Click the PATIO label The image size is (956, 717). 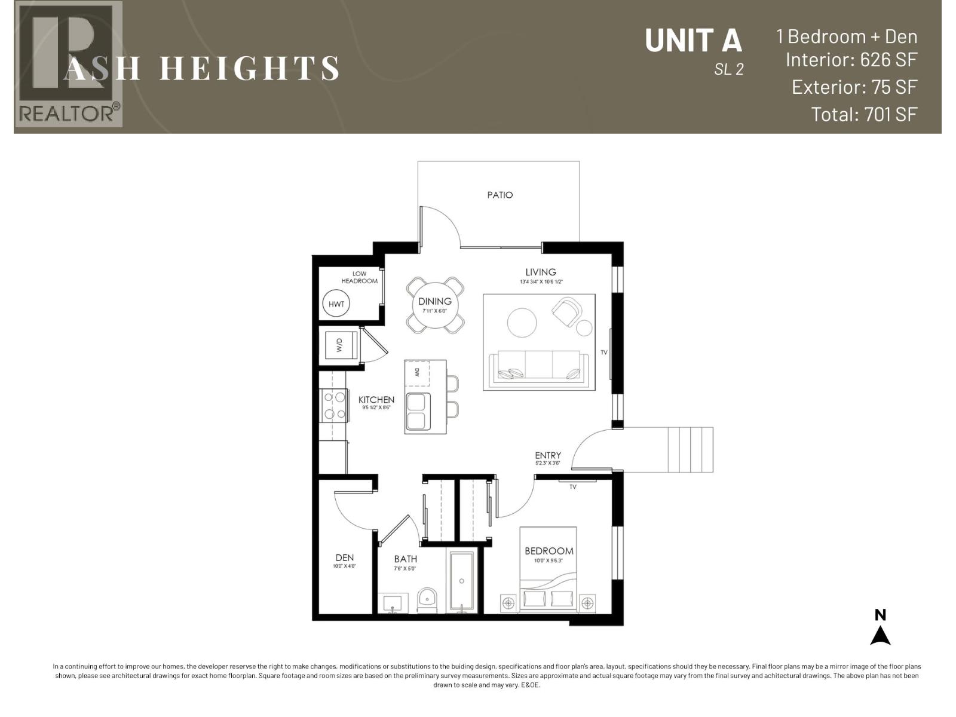tap(500, 195)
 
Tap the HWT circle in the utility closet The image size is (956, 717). tap(336, 304)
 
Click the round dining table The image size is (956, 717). tap(435, 305)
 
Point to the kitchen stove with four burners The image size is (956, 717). tap(333, 405)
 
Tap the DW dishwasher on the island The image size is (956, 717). tap(417, 373)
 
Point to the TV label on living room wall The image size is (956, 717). tap(604, 353)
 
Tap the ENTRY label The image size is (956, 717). tap(548, 455)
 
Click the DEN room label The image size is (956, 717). tap(344, 557)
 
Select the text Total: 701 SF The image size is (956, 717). tap(863, 114)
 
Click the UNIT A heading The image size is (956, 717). tap(693, 41)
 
